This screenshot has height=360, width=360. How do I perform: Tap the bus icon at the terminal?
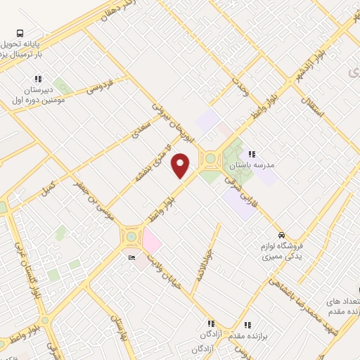click(x=20, y=32)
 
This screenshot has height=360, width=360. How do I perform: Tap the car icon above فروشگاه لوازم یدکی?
click(x=281, y=235)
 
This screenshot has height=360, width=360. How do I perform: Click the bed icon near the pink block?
click(x=131, y=258)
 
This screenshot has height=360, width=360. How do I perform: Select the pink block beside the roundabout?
click(x=151, y=243)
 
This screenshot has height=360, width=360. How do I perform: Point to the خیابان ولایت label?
click(x=163, y=270)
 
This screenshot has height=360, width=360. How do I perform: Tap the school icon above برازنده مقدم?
click(x=247, y=325)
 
